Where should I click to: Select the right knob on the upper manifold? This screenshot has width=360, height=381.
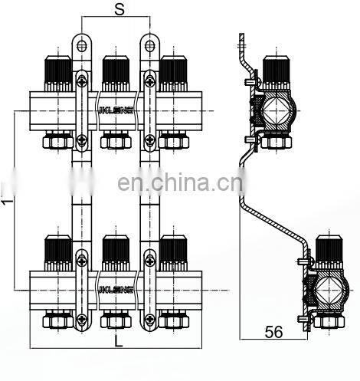(172, 71)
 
